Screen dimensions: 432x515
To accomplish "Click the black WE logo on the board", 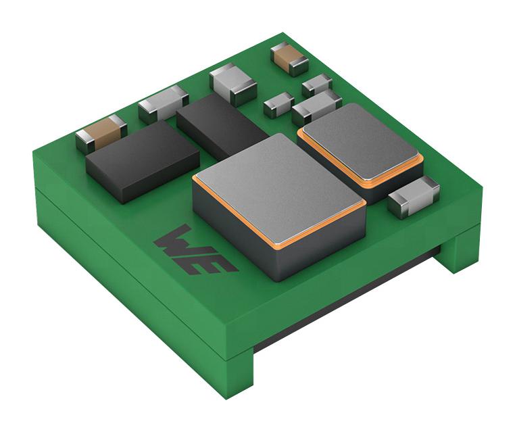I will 196,251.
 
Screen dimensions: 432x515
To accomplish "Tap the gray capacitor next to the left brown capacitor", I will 164,103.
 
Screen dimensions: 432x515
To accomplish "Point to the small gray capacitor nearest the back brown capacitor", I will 317,85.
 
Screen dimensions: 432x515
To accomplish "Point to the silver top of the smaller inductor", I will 360,141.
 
